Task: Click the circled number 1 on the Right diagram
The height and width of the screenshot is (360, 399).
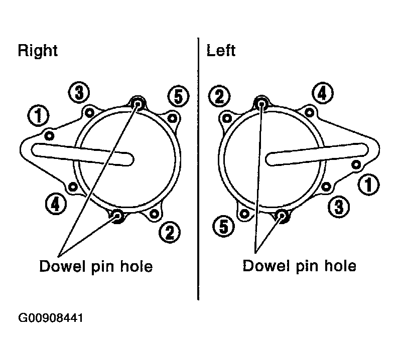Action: (39, 116)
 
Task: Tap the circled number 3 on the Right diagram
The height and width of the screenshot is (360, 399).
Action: (79, 93)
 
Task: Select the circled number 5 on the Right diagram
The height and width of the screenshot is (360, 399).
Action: (178, 97)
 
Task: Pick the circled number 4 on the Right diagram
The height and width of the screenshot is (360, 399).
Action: (56, 204)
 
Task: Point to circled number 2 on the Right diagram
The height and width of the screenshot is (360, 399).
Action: (170, 232)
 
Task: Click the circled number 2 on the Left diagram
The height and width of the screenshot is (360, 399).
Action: (219, 96)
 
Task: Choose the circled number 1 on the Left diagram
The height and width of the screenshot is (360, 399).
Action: (369, 185)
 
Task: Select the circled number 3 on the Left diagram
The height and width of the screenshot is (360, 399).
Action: (339, 207)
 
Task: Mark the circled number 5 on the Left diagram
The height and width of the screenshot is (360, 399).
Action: (224, 226)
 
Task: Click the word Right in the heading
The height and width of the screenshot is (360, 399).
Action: (38, 51)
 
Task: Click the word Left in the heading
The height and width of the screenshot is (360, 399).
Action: (221, 50)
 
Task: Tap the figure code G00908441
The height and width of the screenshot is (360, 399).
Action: (51, 318)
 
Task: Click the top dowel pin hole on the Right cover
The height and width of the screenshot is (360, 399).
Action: (138, 103)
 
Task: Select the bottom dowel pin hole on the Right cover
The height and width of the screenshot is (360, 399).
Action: (118, 217)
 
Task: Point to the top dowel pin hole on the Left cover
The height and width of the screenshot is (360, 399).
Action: (261, 103)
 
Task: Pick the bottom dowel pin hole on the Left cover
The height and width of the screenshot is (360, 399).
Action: (282, 216)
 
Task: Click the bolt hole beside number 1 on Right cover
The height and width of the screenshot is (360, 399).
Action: (49, 136)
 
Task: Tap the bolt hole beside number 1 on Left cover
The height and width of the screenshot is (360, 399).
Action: (356, 165)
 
